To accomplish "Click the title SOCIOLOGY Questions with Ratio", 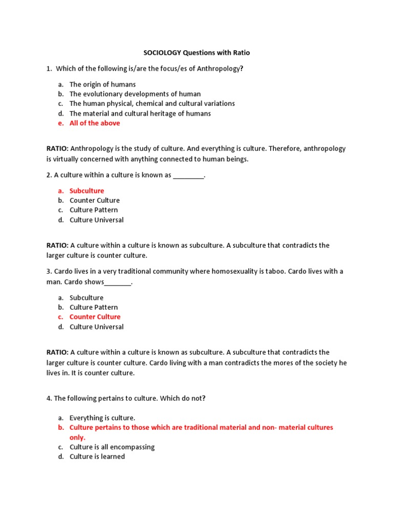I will click(196, 53).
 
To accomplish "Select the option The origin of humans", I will click(102, 84).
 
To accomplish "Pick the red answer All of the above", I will click(95, 123).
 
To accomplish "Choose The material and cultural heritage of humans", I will click(140, 114).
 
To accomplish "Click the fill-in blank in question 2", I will click(188, 176).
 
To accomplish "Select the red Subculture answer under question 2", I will click(86, 191).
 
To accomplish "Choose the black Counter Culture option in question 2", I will click(95, 201).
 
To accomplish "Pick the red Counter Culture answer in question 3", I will click(95, 317).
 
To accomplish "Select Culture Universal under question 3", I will click(96, 327).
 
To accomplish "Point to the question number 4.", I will click(49, 399).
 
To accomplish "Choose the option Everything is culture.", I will click(102, 418).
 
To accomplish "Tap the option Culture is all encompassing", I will click(112, 447).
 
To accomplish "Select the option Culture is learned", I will click(97, 457).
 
